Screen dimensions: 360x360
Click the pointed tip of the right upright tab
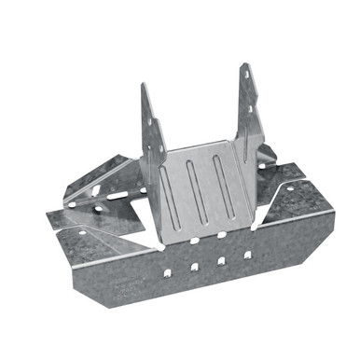[245, 64]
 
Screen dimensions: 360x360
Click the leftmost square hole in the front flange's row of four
[167, 272]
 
